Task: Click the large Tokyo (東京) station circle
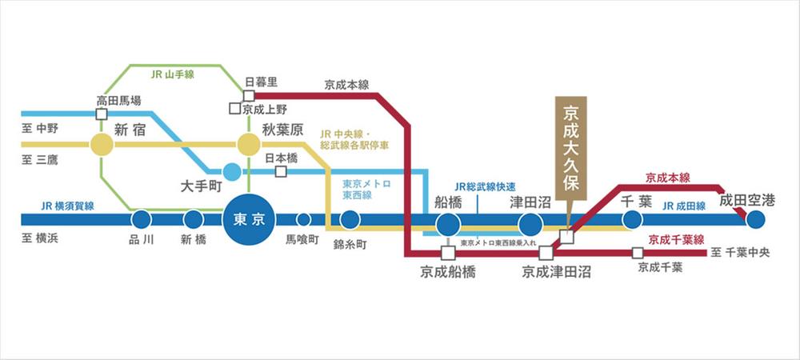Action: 249,220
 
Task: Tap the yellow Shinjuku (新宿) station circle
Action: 102,144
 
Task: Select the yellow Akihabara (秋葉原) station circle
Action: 249,144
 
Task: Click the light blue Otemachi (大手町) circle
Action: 232,172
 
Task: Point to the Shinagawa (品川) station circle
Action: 142,220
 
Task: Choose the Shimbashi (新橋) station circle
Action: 194,220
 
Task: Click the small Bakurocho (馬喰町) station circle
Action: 303,220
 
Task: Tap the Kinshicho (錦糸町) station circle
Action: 350,220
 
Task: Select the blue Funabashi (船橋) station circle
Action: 449,224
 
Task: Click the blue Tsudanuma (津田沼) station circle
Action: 530,224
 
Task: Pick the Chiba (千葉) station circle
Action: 632,220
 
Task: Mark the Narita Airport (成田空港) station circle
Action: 756,220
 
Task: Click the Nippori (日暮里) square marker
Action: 249,95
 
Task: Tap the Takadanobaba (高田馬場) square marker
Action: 102,114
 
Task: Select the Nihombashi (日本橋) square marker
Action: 281,172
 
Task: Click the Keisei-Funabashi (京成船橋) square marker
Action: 449,253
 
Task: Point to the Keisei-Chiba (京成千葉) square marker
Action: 638,253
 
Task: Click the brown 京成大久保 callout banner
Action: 571,148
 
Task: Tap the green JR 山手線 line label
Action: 173,74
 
